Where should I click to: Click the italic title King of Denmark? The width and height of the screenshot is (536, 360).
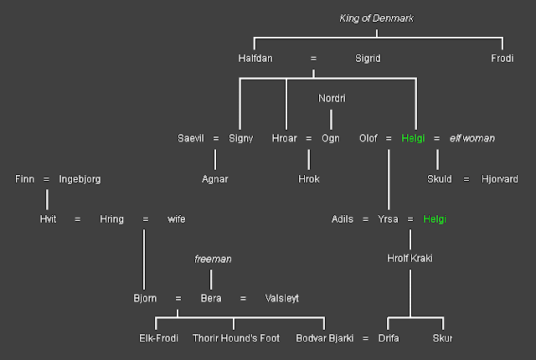click(376, 18)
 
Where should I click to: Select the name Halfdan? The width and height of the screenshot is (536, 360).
click(255, 59)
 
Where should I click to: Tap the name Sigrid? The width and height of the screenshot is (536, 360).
click(368, 59)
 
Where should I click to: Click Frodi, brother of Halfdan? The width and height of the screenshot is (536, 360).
click(502, 59)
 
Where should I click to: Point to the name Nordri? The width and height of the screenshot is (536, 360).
click(332, 98)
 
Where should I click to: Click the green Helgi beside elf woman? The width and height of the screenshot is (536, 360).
click(413, 138)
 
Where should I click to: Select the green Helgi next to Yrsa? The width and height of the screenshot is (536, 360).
click(435, 219)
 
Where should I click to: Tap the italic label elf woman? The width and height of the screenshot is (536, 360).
click(472, 138)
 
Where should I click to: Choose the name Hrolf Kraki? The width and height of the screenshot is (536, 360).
click(410, 259)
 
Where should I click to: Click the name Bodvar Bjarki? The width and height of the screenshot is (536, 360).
click(324, 338)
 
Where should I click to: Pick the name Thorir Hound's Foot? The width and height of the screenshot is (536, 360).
click(236, 338)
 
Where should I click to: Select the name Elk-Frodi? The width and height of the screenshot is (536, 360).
click(158, 338)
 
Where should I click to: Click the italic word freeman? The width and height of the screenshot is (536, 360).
click(213, 260)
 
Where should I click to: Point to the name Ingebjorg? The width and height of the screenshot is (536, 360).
click(80, 179)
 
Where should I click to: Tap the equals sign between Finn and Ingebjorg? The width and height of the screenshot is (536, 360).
click(46, 179)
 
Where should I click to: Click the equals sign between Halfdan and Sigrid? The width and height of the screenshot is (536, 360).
click(313, 59)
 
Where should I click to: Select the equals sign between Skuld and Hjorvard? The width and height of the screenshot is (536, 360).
click(466, 179)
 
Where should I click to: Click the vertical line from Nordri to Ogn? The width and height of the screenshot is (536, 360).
click(331, 120)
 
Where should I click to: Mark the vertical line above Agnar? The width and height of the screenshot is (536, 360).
click(215, 160)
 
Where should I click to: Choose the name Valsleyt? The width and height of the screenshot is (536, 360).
click(282, 299)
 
